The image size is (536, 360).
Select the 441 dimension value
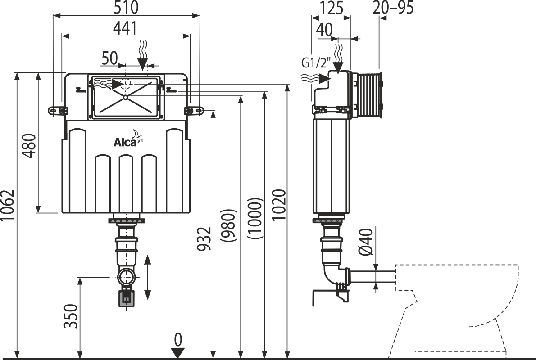pos(124,28)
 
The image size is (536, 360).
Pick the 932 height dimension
pos(205,238)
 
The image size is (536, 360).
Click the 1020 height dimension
pos(279,205)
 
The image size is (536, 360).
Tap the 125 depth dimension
pos(332,8)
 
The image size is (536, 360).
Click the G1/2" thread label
pos(316,63)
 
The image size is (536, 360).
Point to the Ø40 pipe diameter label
pos(367,243)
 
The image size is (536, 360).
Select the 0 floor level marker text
pos(178,338)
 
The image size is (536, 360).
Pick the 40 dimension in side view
pos(325,31)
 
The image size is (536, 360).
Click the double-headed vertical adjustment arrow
pos(148,277)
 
